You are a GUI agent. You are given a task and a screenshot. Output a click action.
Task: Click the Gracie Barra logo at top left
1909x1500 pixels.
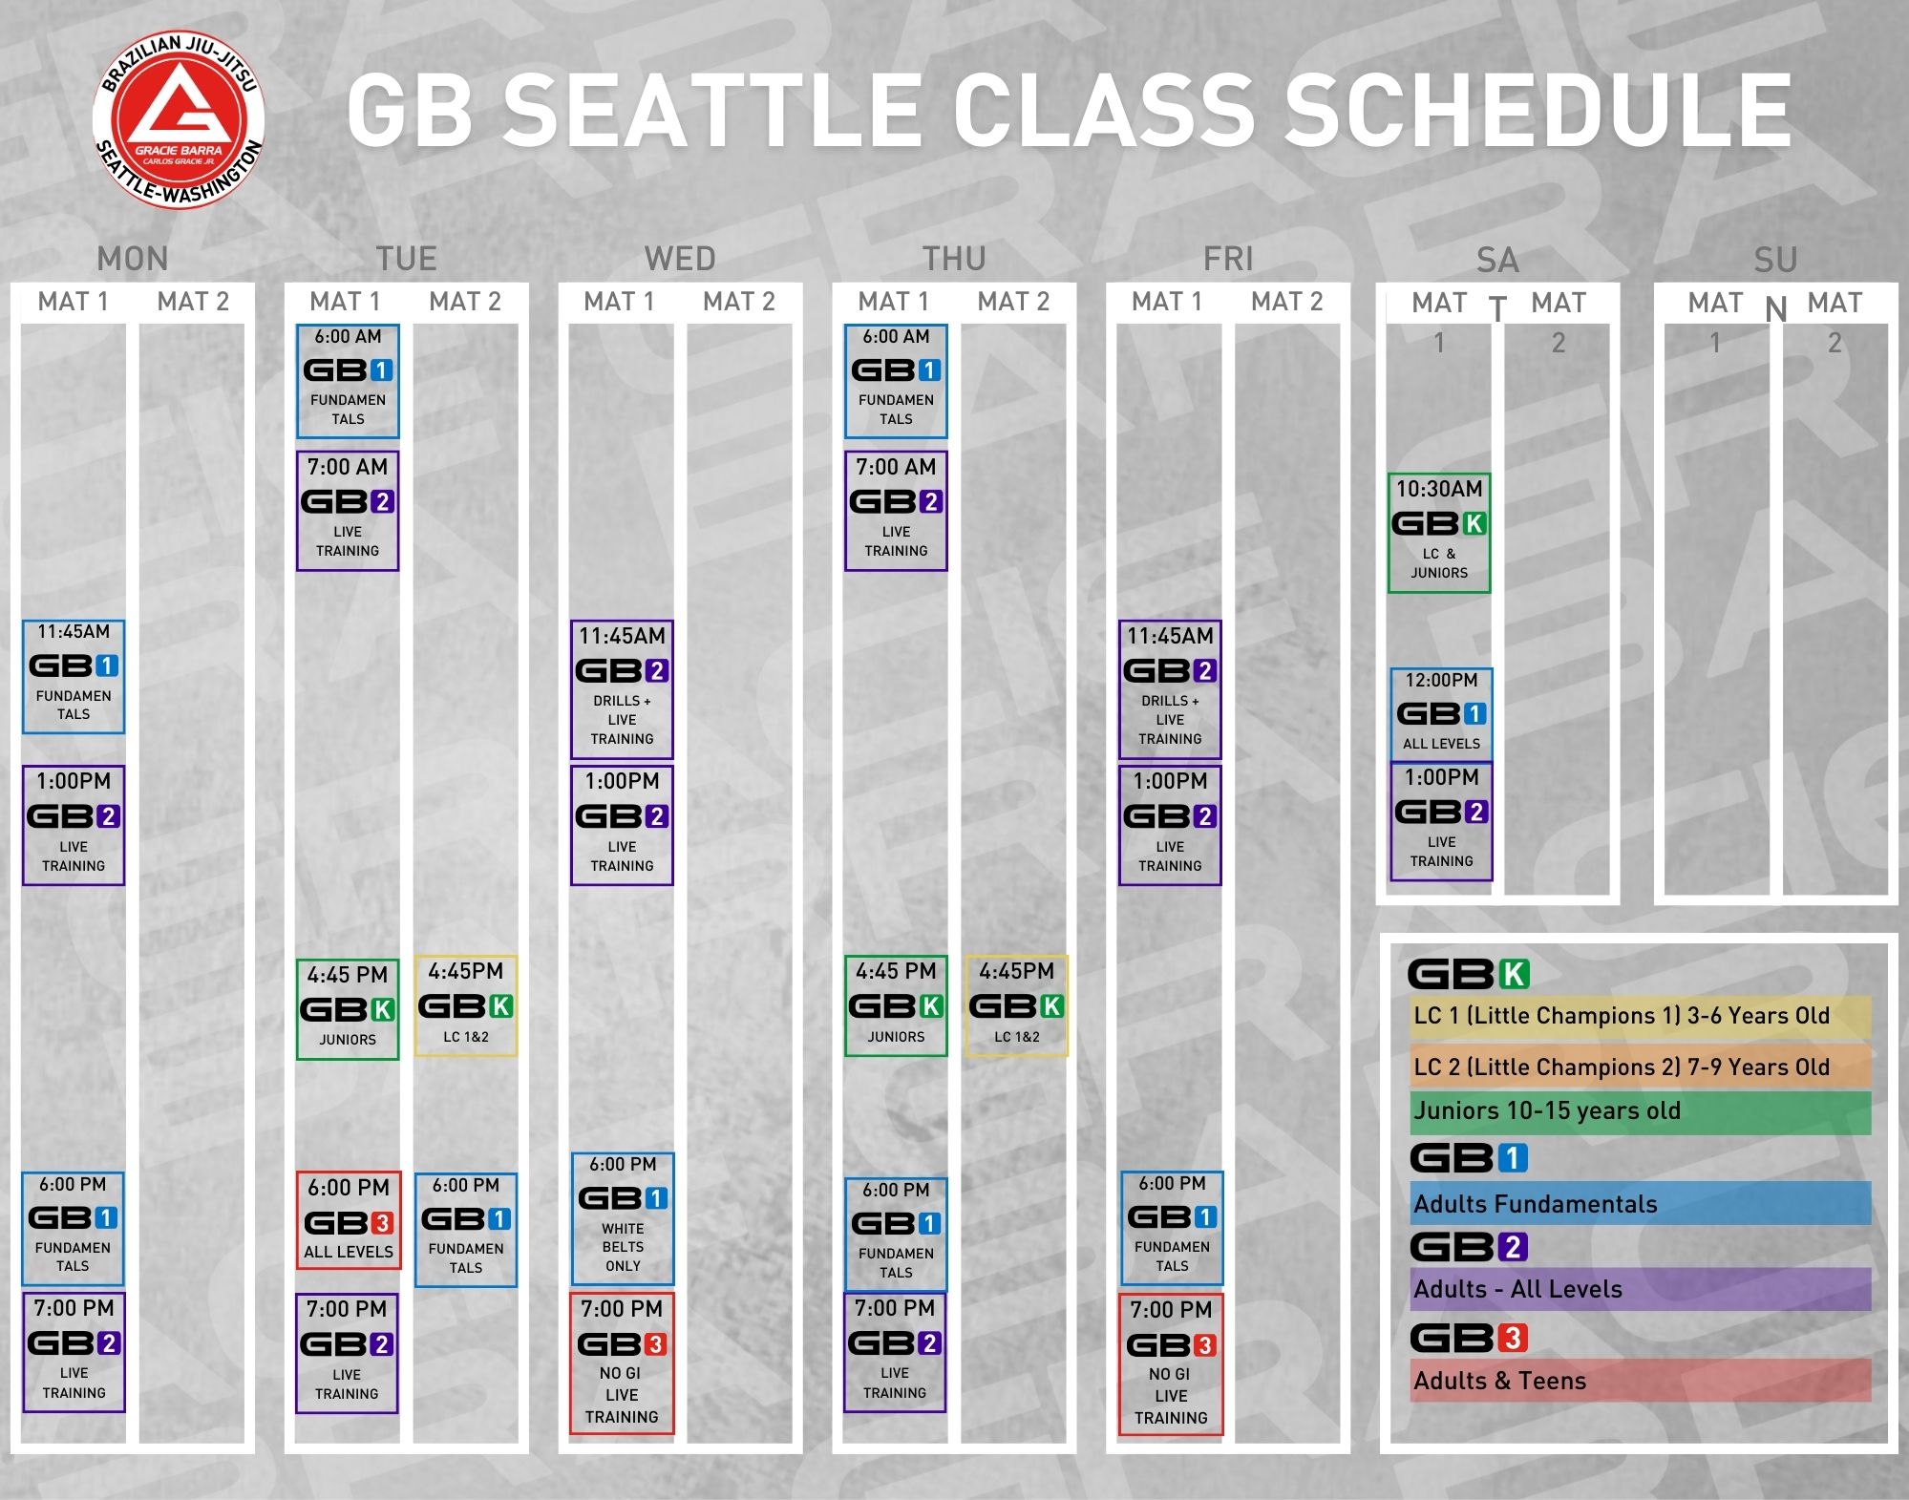click(179, 120)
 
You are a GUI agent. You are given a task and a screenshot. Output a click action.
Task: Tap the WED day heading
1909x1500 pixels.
click(680, 258)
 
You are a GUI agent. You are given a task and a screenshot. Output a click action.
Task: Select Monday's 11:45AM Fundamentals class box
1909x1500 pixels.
click(74, 676)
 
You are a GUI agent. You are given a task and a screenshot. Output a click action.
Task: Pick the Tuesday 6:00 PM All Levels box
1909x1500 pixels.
click(349, 1219)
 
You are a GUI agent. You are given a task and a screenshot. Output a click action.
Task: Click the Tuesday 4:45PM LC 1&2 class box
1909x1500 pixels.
click(466, 1005)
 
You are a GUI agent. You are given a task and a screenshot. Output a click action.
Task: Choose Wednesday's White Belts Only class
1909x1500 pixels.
click(623, 1218)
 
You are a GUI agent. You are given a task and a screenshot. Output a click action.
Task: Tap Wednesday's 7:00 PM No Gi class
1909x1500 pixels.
click(622, 1363)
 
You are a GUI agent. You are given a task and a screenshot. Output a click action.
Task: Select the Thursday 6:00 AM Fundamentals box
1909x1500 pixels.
click(896, 381)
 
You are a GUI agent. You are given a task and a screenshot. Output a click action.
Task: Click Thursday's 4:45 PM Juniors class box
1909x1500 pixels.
click(896, 1005)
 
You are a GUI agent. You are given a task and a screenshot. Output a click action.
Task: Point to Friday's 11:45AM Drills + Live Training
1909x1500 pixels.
click(1170, 688)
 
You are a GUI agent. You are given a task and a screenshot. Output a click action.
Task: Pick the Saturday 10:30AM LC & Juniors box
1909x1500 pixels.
click(1439, 533)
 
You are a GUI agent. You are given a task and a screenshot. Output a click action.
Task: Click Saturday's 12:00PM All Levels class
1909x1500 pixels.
click(1441, 713)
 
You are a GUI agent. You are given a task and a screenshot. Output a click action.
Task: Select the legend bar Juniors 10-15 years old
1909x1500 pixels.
click(1641, 1110)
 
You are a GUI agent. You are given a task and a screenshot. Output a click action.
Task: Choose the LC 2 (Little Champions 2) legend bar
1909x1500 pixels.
click(1641, 1067)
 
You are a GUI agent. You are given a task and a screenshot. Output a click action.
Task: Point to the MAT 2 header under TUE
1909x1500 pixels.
click(465, 302)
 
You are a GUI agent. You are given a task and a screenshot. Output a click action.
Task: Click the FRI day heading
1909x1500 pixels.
click(1228, 258)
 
